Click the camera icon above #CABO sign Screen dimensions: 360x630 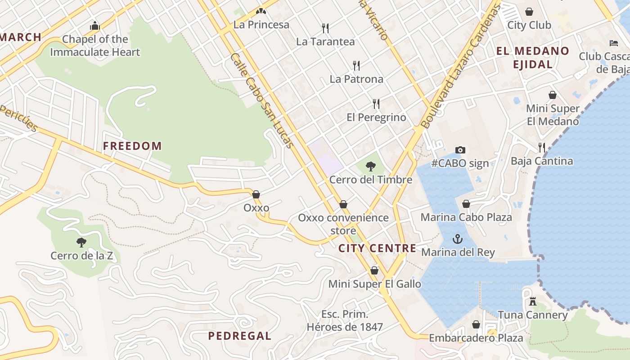[x=460, y=150]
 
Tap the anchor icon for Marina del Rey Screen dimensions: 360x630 [x=458, y=239]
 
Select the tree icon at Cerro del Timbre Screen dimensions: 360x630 [x=370, y=166]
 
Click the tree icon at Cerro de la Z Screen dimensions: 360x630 [x=81, y=243]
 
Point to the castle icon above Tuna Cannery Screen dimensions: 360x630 [x=533, y=301]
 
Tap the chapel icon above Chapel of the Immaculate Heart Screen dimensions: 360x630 [x=94, y=26]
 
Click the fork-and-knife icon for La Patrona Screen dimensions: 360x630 [x=356, y=66]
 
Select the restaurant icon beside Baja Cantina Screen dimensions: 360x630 [x=542, y=147]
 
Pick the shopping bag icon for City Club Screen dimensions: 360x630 [x=529, y=12]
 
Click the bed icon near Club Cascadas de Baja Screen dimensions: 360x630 [x=614, y=43]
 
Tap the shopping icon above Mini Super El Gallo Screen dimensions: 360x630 [x=374, y=270]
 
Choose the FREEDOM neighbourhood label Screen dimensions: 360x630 [x=132, y=146]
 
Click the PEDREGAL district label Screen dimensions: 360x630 [x=239, y=336]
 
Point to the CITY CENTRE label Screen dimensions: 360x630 [x=377, y=248]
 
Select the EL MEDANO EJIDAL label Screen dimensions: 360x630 [x=533, y=57]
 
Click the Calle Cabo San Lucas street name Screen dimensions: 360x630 [x=262, y=100]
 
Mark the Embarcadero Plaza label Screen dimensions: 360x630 [x=476, y=337]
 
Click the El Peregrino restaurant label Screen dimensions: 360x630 [x=376, y=117]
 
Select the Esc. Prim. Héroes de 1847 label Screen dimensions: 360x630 [x=345, y=320]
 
